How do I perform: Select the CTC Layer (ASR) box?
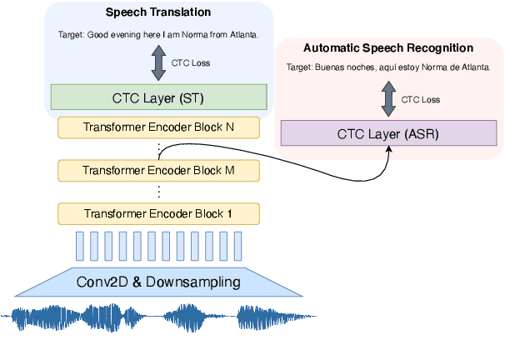click(x=387, y=132)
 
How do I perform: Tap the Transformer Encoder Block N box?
click(x=158, y=127)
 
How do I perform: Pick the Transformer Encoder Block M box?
click(x=158, y=170)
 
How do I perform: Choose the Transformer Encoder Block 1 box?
click(x=158, y=213)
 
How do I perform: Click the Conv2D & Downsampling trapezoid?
click(x=158, y=282)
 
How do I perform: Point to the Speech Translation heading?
click(x=158, y=13)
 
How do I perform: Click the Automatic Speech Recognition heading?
click(x=387, y=48)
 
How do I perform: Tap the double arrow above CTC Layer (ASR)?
click(x=388, y=98)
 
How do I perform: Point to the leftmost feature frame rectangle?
click(x=80, y=246)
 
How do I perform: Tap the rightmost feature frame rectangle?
click(x=238, y=246)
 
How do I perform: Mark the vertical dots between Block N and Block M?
click(x=158, y=148)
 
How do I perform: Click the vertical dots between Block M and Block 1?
click(x=158, y=192)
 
